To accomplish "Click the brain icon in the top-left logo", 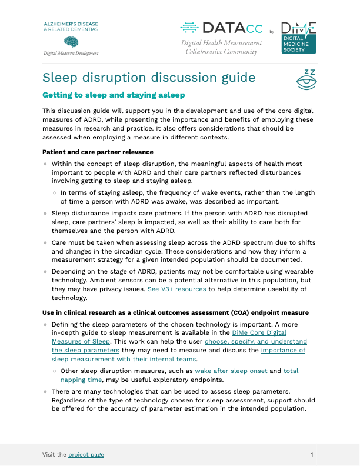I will [x=71, y=41].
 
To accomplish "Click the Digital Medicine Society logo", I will [x=298, y=38].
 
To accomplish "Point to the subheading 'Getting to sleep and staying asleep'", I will [x=114, y=95].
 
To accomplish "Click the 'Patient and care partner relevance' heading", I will [x=98, y=152].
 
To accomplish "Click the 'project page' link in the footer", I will [x=86, y=454].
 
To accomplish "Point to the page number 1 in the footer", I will [x=312, y=454].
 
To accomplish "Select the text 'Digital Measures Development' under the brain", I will [x=71, y=53].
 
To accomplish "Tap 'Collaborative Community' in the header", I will [x=221, y=52].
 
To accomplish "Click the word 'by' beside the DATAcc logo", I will [x=271, y=31].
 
